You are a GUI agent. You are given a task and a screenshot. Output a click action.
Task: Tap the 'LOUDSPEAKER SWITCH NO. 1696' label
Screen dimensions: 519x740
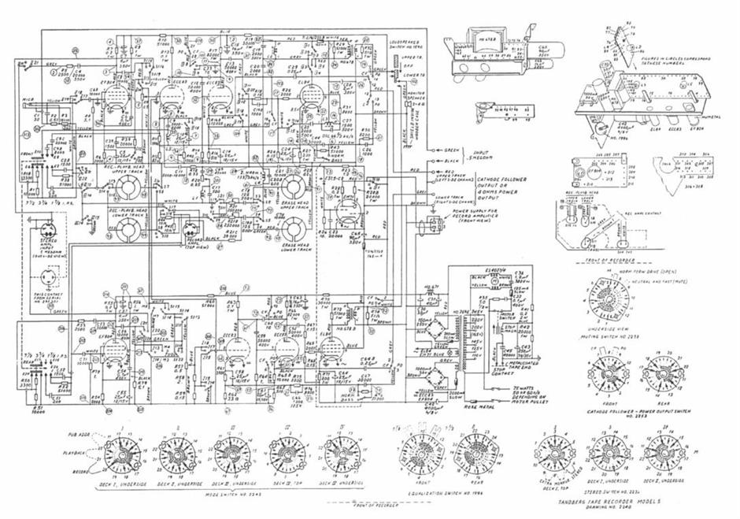tap(409, 43)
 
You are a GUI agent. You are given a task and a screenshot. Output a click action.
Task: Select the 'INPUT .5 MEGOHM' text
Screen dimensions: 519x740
tap(477, 154)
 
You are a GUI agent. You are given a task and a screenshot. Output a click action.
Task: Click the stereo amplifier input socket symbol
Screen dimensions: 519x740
tap(46, 230)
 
